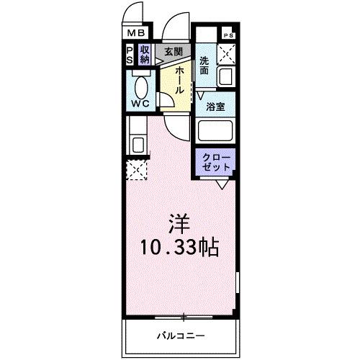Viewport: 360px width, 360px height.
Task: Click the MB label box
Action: (x=136, y=32)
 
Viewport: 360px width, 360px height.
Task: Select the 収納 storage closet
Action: (x=145, y=54)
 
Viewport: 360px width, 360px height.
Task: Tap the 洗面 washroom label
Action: (x=205, y=67)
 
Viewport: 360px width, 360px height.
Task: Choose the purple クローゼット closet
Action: (x=216, y=161)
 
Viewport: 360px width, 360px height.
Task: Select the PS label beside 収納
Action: (x=129, y=54)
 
